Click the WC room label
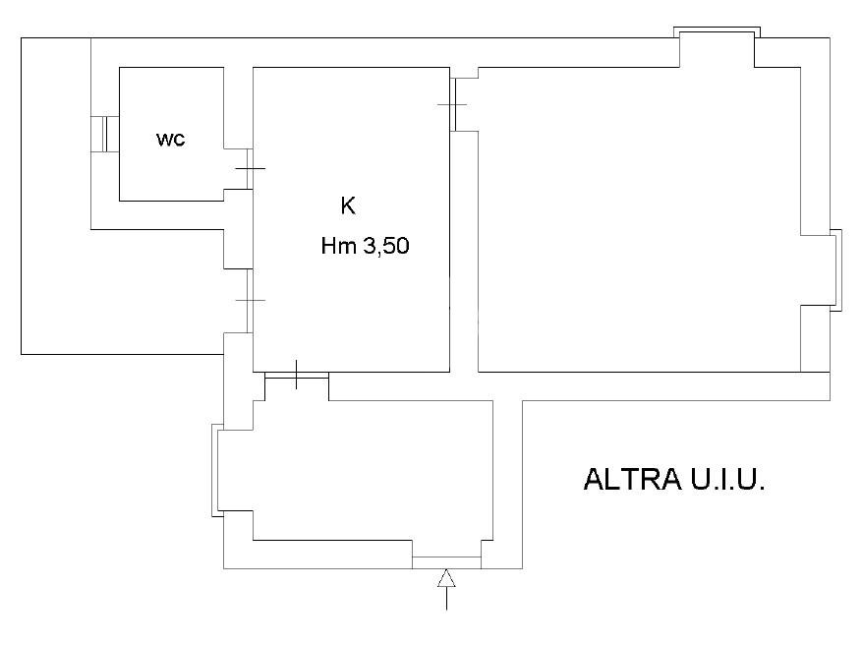[x=171, y=140]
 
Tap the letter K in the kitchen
[x=347, y=206]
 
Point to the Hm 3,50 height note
[x=365, y=248]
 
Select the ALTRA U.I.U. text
[x=674, y=480]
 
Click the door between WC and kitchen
[x=250, y=169]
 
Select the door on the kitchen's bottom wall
[x=296, y=375]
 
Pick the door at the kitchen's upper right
[x=454, y=104]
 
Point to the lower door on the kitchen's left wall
[x=250, y=300]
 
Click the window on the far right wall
[x=836, y=270]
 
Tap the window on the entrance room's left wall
[x=215, y=470]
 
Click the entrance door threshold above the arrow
[x=445, y=561]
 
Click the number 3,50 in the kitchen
[x=386, y=248]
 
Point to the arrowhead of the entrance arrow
[x=446, y=577]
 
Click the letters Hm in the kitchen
[x=339, y=248]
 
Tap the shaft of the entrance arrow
[x=446, y=598]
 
